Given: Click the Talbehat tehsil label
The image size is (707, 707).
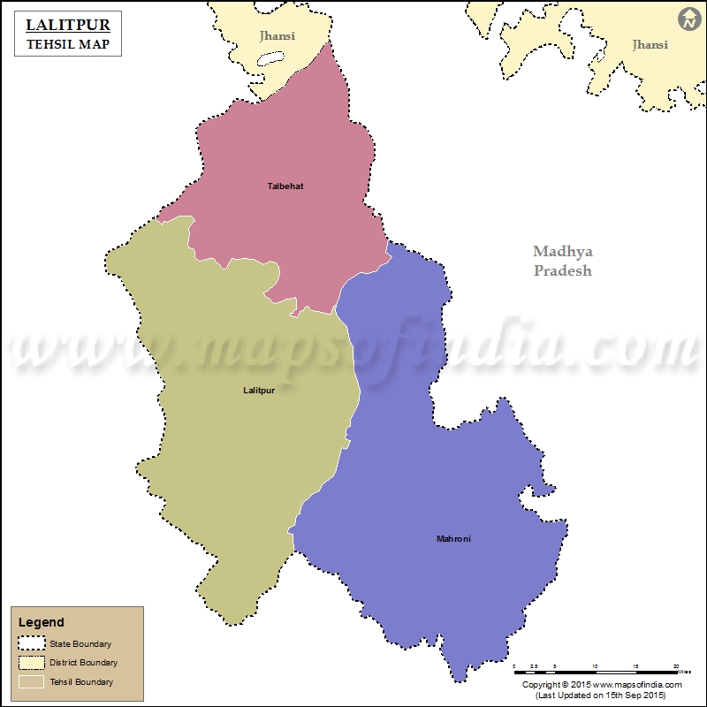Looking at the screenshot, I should pyautogui.click(x=285, y=186).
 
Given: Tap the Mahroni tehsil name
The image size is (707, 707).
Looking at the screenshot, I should pyautogui.click(x=453, y=538).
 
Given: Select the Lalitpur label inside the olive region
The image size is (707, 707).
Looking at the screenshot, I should pyautogui.click(x=259, y=390).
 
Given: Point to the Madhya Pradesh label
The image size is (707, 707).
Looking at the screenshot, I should pyautogui.click(x=562, y=262).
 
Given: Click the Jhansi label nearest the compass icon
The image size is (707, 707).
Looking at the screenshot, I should pyautogui.click(x=650, y=44).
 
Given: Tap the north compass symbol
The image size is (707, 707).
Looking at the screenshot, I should pyautogui.click(x=688, y=19).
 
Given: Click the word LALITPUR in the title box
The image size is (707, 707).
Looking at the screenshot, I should pyautogui.click(x=68, y=26).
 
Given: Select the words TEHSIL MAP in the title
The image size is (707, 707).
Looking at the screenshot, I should pyautogui.click(x=68, y=44).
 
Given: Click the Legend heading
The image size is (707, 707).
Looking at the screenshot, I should pyautogui.click(x=41, y=623).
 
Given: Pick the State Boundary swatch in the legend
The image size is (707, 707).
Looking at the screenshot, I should pyautogui.click(x=31, y=643).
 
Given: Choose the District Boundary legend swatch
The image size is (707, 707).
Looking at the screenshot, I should pyautogui.click(x=31, y=662).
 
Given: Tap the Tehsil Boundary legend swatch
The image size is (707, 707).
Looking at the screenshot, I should pyautogui.click(x=31, y=681).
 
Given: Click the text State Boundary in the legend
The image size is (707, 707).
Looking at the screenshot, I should pyautogui.click(x=80, y=644).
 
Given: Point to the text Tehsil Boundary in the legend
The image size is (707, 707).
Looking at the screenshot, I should pyautogui.click(x=80, y=682).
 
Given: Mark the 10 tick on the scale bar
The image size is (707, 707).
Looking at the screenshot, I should pyautogui.click(x=595, y=665).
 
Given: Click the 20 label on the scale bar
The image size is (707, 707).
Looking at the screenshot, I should pyautogui.click(x=676, y=665).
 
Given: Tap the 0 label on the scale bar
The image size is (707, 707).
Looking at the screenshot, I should pyautogui.click(x=514, y=665).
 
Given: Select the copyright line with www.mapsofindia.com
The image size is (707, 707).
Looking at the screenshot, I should pyautogui.click(x=602, y=685).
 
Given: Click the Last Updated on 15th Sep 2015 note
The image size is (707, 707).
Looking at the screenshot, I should pyautogui.click(x=602, y=696).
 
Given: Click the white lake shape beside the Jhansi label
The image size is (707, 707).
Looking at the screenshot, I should pyautogui.click(x=269, y=63).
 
